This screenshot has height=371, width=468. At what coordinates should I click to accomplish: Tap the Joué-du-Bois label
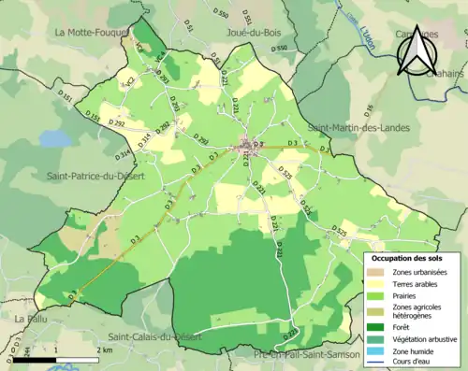point(256,33)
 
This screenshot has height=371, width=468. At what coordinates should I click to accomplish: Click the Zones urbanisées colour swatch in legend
point(378,272)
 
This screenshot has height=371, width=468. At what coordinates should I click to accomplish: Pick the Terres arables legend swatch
point(378,284)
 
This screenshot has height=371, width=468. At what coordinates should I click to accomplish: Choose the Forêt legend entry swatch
point(378,326)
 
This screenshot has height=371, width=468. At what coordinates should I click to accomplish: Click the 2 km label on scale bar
point(105,350)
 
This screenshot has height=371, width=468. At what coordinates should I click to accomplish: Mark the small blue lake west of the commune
point(55,138)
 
